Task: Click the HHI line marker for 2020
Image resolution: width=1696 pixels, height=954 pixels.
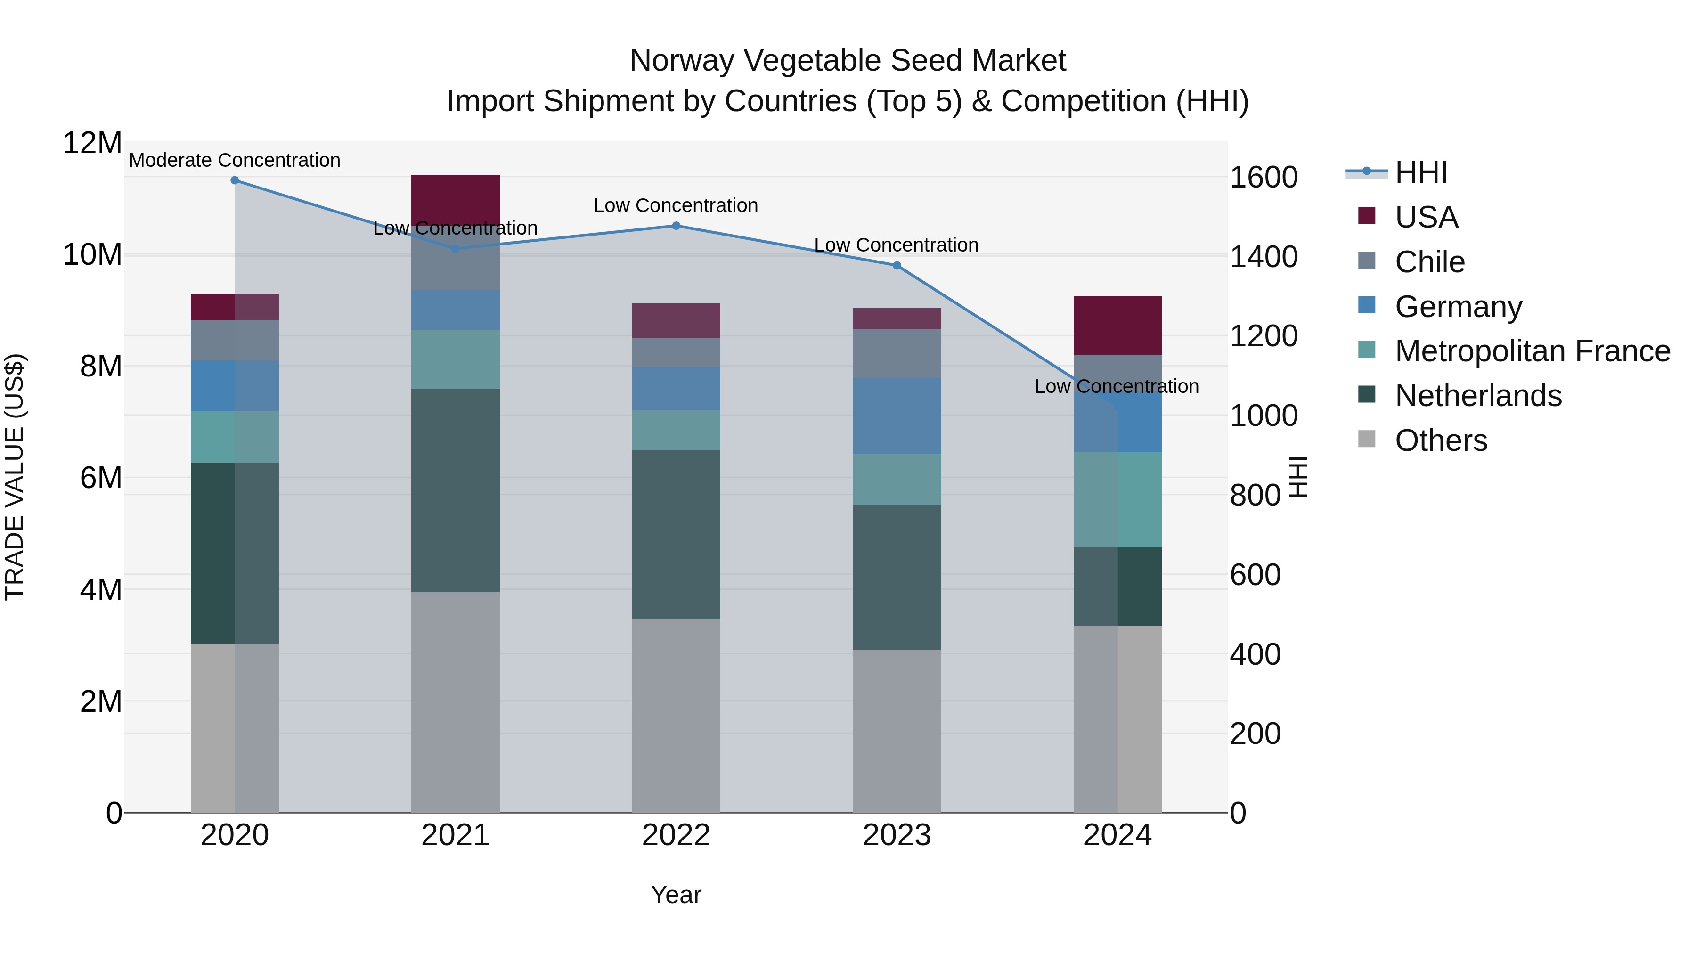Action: pyautogui.click(x=235, y=180)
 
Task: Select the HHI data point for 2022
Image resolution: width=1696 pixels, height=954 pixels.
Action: pyautogui.click(x=676, y=226)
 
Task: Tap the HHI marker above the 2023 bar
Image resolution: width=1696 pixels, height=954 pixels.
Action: pyautogui.click(x=897, y=265)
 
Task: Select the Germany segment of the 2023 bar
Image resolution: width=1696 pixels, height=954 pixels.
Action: pyautogui.click(x=897, y=416)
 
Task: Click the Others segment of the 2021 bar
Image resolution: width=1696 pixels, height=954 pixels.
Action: pyautogui.click(x=456, y=702)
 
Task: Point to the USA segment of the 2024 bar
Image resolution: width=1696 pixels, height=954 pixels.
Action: pyautogui.click(x=1117, y=325)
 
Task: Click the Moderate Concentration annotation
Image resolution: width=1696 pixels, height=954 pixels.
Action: pyautogui.click(x=235, y=160)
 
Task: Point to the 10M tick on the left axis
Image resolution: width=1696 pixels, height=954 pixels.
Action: pyautogui.click(x=92, y=255)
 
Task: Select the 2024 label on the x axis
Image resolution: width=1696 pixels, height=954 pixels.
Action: pyautogui.click(x=1117, y=835)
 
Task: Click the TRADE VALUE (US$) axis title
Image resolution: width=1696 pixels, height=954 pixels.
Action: pyautogui.click(x=15, y=477)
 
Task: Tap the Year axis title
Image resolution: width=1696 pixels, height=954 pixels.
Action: pyautogui.click(x=676, y=895)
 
